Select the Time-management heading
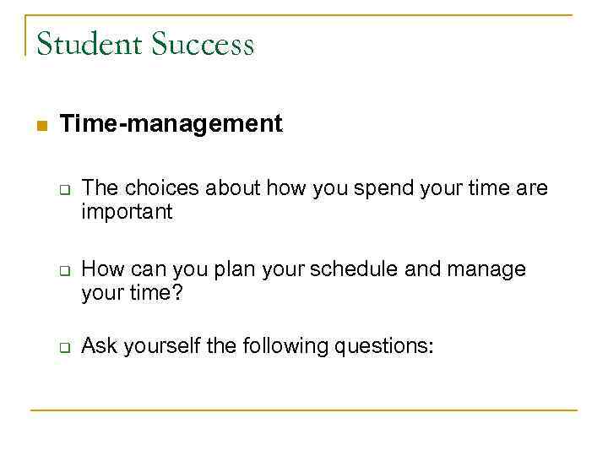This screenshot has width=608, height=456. (171, 124)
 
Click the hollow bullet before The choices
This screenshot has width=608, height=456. (63, 189)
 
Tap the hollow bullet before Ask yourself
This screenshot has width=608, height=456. (63, 348)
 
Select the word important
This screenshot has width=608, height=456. (127, 212)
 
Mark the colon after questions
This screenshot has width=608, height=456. (432, 347)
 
